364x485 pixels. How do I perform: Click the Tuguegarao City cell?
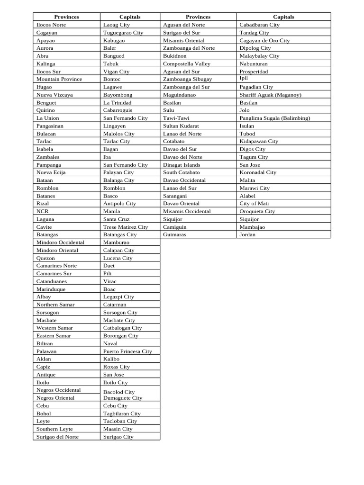tap(123, 33)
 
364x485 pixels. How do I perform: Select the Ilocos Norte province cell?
tap(51, 25)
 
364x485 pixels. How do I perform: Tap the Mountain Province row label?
tap(59, 79)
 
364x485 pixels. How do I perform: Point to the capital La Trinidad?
tap(117, 102)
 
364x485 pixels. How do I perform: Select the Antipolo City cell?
tap(119, 204)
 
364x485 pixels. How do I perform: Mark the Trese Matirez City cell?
tap(125, 227)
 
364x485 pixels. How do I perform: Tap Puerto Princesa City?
tap(127, 351)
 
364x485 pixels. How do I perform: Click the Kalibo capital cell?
tap(111, 359)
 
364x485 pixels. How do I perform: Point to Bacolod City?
tap(118, 392)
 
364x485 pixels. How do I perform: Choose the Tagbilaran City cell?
tap(122, 413)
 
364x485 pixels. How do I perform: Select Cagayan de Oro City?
tap(264, 40)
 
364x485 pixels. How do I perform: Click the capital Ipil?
tap(244, 79)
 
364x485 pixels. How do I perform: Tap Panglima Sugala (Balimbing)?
tap(274, 118)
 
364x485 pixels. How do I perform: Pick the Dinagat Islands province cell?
tap(182, 165)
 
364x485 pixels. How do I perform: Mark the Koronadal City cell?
tap(258, 172)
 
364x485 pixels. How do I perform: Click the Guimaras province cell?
tap(174, 234)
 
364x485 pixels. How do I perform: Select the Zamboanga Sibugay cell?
tap(187, 79)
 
